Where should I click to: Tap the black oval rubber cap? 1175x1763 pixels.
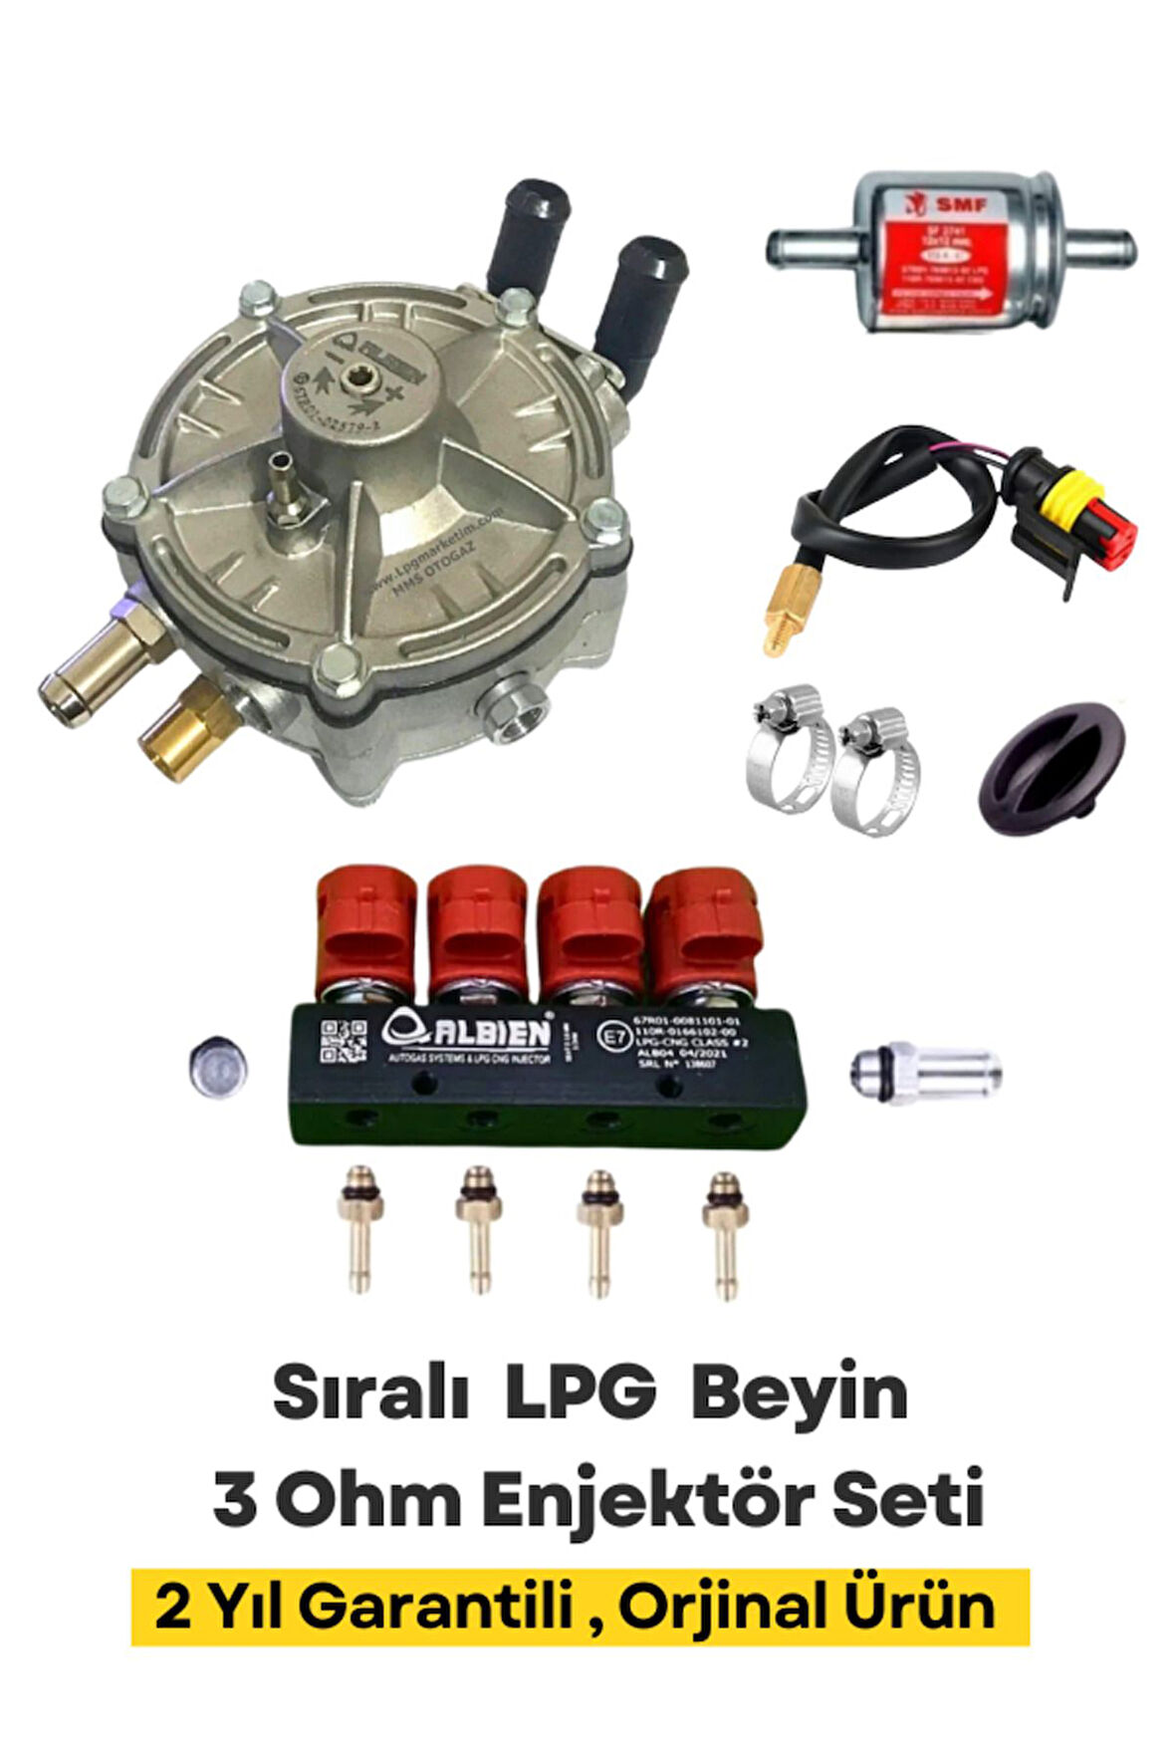[x=1052, y=768]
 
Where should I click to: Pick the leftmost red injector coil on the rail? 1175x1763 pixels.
[x=364, y=926]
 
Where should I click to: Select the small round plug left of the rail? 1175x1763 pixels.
[x=219, y=1069]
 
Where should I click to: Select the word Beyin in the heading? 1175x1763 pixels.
[x=799, y=1394]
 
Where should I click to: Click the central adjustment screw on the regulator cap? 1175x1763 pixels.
[x=353, y=380]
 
